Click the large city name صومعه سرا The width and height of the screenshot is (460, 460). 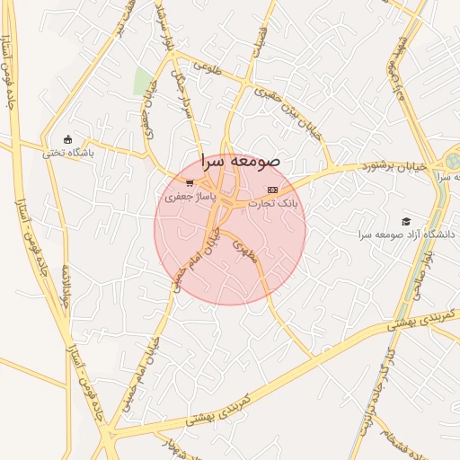241,161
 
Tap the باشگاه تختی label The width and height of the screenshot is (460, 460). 68,153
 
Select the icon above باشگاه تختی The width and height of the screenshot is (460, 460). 67,139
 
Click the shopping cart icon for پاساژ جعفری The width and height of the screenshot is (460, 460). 189,183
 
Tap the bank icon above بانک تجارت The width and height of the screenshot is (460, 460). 272,190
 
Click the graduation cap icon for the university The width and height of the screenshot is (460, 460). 406,221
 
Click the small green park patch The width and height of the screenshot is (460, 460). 142,81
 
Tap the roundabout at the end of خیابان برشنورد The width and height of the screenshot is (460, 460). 451,162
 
